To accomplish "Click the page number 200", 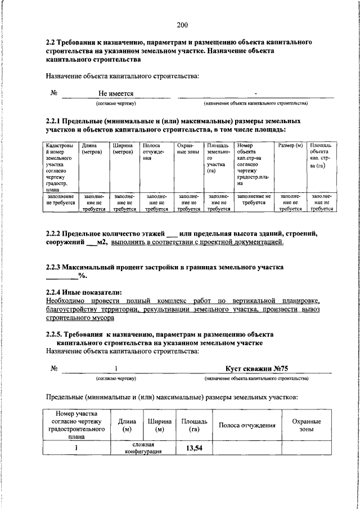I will (182, 24).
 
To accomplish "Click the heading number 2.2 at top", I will (51, 43).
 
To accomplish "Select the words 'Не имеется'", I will (116, 93).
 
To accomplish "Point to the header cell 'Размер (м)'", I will (290, 146).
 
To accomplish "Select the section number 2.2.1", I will (55, 121).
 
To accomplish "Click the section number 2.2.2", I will (55, 233).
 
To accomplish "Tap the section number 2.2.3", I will (55, 267).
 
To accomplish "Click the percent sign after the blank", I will (81, 276).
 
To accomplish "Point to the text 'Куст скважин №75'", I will (256, 368).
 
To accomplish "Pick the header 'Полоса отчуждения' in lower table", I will (247, 425).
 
